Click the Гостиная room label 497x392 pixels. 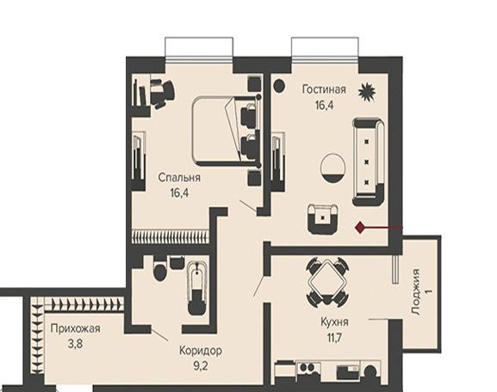324,89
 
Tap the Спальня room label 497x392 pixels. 179,177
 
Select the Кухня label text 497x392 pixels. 334,322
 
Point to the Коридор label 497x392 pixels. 201,351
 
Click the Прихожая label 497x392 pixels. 76,328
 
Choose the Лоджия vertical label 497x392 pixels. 415,291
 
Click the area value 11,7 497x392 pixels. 335,338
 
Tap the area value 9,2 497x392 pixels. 201,366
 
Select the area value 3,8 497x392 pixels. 76,344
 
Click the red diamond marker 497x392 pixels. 359,228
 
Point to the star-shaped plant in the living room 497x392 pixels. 366,92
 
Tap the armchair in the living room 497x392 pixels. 323,219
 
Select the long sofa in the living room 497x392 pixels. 369,162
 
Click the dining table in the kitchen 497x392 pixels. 327,280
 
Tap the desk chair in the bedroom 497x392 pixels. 162,93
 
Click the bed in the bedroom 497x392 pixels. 227,132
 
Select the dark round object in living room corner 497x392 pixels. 279,86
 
